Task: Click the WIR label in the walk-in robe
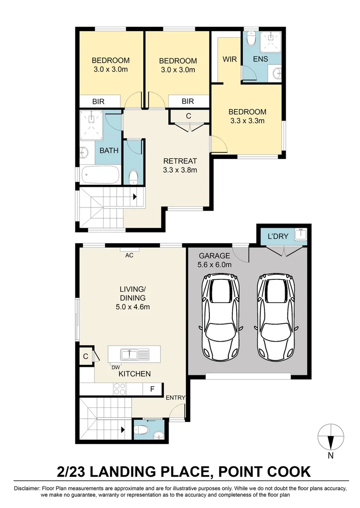coord(229,59)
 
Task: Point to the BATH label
coord(109,151)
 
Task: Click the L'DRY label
coord(278,237)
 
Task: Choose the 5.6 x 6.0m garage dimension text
coord(215,264)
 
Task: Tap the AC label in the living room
coord(129,255)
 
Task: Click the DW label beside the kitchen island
coord(114,367)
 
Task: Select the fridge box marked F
coord(152,389)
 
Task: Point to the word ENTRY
coord(176,397)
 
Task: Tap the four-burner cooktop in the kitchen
coord(120,389)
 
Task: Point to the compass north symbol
coord(331,438)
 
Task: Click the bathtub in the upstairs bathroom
coord(100,175)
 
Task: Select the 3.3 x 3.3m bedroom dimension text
coord(247,120)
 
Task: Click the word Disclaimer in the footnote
coord(27,488)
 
